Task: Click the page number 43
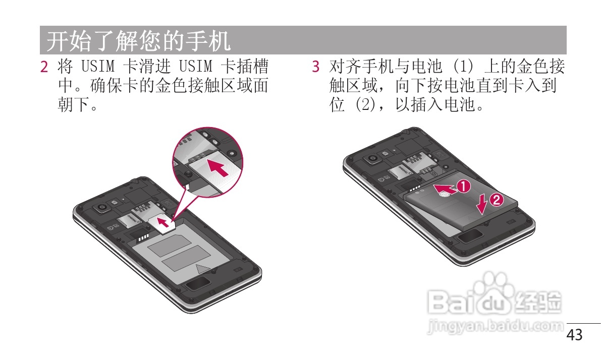point(574,335)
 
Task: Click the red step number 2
point(44,67)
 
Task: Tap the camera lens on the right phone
point(373,158)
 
